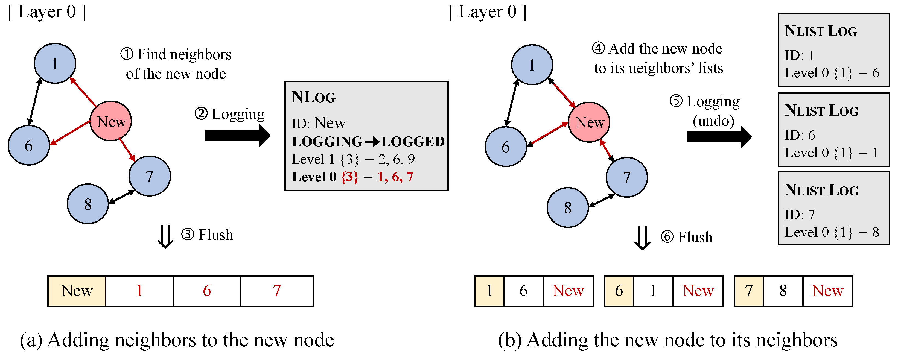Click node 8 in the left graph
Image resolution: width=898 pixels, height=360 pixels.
click(x=88, y=204)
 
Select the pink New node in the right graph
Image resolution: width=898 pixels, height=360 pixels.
click(x=589, y=122)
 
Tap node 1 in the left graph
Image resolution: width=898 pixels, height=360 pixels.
click(x=55, y=63)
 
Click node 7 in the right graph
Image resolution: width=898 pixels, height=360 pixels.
click(x=626, y=177)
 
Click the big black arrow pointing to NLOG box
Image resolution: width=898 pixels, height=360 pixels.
click(x=237, y=135)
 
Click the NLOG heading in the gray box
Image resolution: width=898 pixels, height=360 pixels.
click(x=313, y=97)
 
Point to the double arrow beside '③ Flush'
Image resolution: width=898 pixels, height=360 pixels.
click(x=165, y=236)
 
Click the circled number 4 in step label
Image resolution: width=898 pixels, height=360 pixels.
click(x=598, y=48)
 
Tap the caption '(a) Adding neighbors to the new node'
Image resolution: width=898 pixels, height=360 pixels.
click(x=177, y=340)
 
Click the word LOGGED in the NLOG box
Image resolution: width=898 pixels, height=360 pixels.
click(x=413, y=142)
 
